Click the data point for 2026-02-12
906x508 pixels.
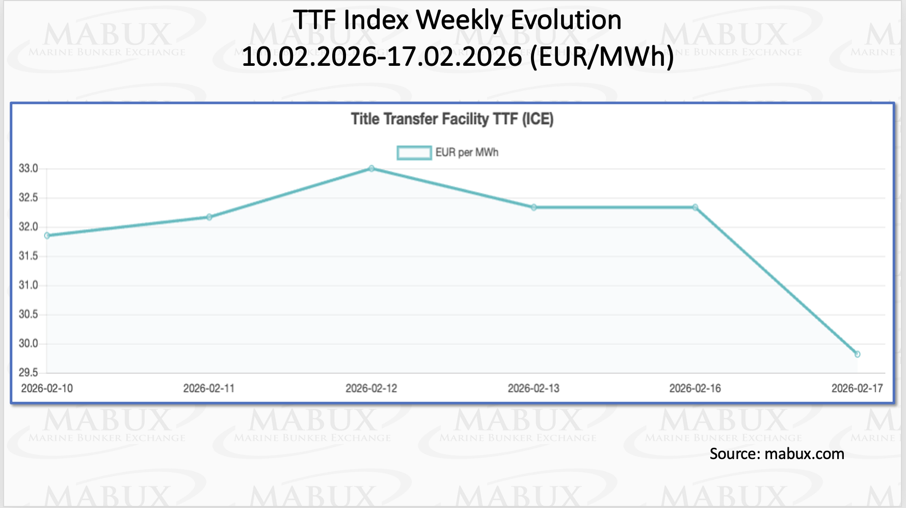point(371,168)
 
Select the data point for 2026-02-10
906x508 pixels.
point(47,236)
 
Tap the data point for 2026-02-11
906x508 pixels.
point(209,217)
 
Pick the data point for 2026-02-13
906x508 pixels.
point(534,208)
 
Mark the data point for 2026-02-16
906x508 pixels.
point(696,208)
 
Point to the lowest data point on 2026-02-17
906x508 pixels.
point(858,354)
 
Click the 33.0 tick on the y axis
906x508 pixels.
point(29,169)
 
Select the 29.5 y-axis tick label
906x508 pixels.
point(29,373)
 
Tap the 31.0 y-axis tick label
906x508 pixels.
point(29,286)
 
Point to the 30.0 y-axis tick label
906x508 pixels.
point(29,344)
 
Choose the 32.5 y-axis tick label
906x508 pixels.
point(29,198)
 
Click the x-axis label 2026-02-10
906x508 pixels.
point(47,389)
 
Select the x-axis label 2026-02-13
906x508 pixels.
point(534,389)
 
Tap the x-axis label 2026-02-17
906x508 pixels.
point(857,389)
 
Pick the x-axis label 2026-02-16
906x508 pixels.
point(695,389)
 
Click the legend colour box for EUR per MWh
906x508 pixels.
point(414,153)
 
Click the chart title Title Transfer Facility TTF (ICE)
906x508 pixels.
point(452,119)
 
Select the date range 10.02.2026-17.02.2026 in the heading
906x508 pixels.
point(382,57)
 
